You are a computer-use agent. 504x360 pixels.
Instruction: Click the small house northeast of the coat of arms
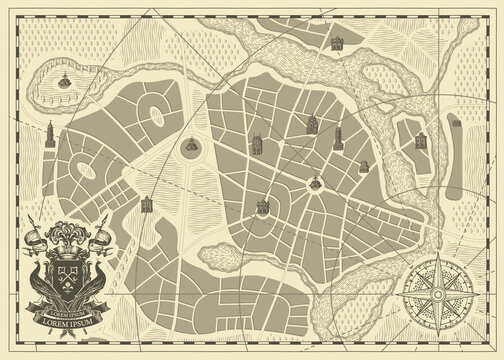point(147,203)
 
